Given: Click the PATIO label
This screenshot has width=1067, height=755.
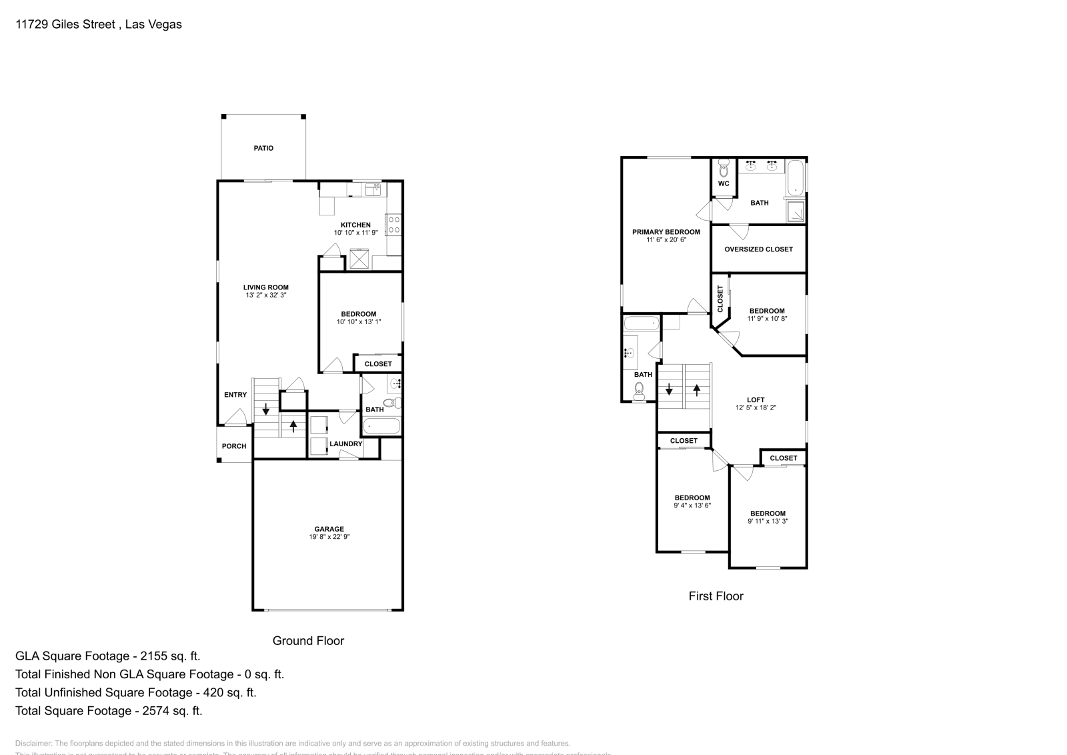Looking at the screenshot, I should pyautogui.click(x=263, y=148).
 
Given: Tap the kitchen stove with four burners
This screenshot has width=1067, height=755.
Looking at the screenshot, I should pyautogui.click(x=393, y=224).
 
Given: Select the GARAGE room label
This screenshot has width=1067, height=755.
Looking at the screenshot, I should pyautogui.click(x=329, y=529).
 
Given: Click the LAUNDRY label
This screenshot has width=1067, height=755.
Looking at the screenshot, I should pyautogui.click(x=345, y=444).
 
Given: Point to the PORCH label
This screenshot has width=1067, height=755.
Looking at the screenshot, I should pyautogui.click(x=234, y=446).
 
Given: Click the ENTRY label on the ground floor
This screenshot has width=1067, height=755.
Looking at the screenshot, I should pyautogui.click(x=235, y=395).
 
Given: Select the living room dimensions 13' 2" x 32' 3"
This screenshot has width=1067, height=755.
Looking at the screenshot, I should pyautogui.click(x=265, y=295).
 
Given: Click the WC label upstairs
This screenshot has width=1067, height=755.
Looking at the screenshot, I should pyautogui.click(x=724, y=183).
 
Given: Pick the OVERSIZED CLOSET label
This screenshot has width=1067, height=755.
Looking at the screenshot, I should pyautogui.click(x=758, y=249).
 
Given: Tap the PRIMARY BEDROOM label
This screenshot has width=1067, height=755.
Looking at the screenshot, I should pyautogui.click(x=666, y=232).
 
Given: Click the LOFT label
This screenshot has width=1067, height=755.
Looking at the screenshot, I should pyautogui.click(x=756, y=400).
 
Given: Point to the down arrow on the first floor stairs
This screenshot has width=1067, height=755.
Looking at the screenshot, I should pyautogui.click(x=669, y=390).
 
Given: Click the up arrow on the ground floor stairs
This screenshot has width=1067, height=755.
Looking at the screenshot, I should pyautogui.click(x=293, y=425).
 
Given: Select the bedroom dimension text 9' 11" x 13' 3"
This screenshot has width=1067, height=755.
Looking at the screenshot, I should pyautogui.click(x=768, y=522).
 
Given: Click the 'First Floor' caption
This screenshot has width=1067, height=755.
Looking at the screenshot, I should pyautogui.click(x=716, y=596).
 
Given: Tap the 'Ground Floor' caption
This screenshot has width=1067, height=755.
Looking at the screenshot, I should pyautogui.click(x=308, y=640).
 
